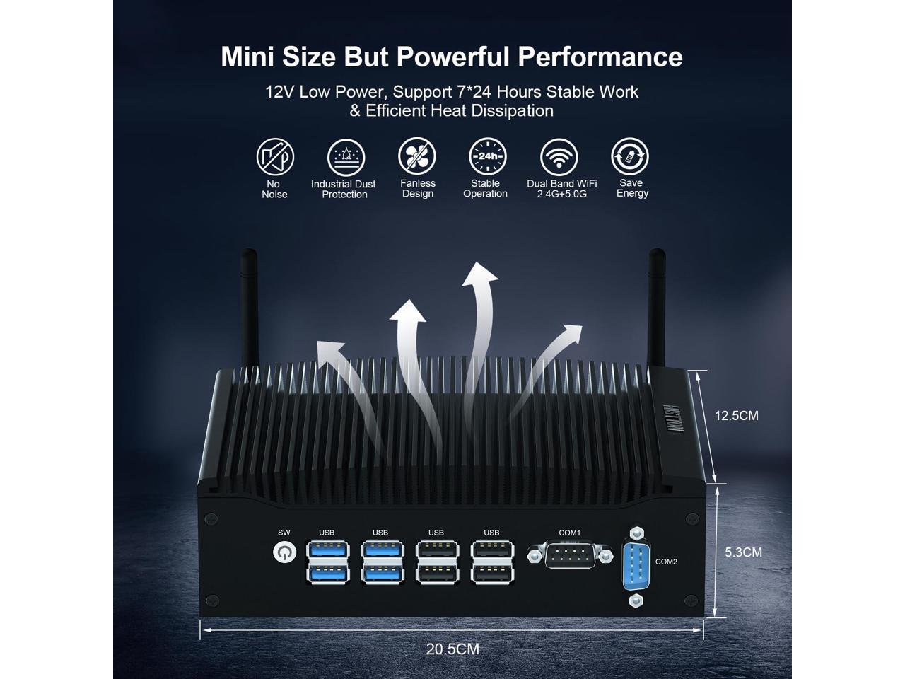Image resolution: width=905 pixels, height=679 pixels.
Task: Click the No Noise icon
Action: click(x=275, y=157)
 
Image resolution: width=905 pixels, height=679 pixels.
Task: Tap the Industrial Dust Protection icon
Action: click(x=345, y=157)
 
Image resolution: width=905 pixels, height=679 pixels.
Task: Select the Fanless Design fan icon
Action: click(x=417, y=157)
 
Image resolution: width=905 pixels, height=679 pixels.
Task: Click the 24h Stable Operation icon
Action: click(x=488, y=157)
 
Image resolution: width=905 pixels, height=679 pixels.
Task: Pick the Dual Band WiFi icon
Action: click(x=559, y=157)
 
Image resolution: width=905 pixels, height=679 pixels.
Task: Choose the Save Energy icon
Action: click(x=630, y=157)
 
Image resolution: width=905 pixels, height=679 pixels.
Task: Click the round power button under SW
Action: click(x=284, y=552)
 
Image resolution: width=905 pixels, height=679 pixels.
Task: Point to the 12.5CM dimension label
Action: click(x=736, y=416)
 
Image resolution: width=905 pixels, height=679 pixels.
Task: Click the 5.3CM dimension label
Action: click(x=743, y=552)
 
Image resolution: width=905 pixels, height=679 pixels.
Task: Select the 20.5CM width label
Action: click(x=452, y=649)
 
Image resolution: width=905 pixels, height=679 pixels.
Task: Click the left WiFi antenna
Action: click(x=247, y=304)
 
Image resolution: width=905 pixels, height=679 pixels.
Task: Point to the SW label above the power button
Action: click(x=284, y=533)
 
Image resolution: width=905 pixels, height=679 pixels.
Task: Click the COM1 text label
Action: click(x=569, y=533)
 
